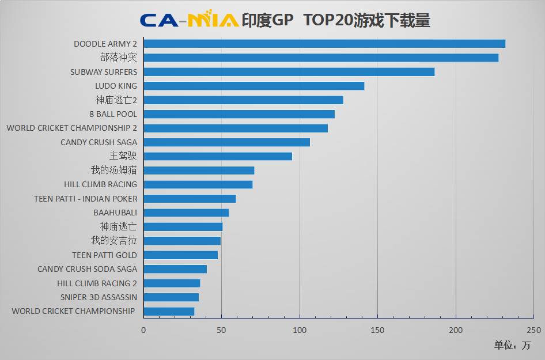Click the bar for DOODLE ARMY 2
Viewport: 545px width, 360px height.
(x=324, y=44)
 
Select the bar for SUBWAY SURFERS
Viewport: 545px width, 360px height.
(x=289, y=72)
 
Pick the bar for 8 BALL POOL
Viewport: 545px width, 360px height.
(x=239, y=114)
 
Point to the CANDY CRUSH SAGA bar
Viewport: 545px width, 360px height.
(x=226, y=142)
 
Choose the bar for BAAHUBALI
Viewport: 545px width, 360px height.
(x=186, y=213)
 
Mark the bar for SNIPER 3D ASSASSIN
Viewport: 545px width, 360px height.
(x=171, y=297)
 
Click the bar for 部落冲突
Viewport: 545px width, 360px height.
(x=321, y=58)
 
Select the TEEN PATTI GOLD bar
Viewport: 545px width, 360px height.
(x=180, y=255)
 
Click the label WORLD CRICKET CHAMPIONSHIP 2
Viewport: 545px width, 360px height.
(x=72, y=128)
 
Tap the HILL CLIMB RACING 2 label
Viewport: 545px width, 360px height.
(x=97, y=283)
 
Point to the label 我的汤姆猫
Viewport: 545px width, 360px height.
(x=114, y=170)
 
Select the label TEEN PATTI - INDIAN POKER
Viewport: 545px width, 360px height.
(x=86, y=199)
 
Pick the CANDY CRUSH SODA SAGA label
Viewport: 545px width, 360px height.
(x=87, y=269)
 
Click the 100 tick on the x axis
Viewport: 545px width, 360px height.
(x=300, y=330)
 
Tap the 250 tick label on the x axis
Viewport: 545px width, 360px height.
(x=533, y=330)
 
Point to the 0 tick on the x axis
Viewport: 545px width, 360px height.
(x=143, y=330)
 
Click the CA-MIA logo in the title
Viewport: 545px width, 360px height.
(x=189, y=20)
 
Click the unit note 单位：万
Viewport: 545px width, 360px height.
(x=512, y=346)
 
